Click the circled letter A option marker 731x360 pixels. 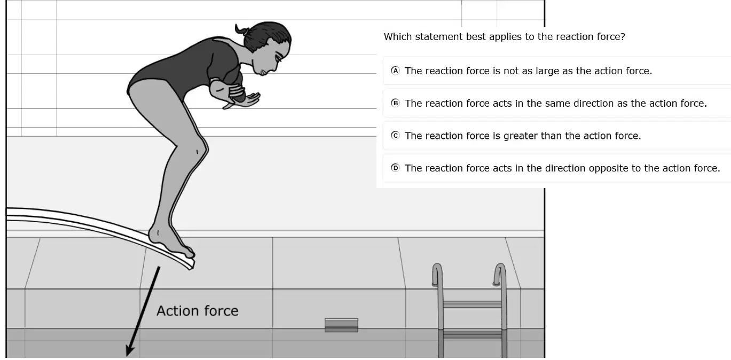395,71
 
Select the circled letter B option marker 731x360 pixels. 395,103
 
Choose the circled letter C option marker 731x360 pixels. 395,136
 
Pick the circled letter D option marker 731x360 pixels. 395,168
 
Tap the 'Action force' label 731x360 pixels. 198,311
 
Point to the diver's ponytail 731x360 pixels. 242,30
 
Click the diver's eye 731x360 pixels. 278,58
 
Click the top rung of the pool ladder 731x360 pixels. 472,304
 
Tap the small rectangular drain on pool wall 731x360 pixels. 341,325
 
